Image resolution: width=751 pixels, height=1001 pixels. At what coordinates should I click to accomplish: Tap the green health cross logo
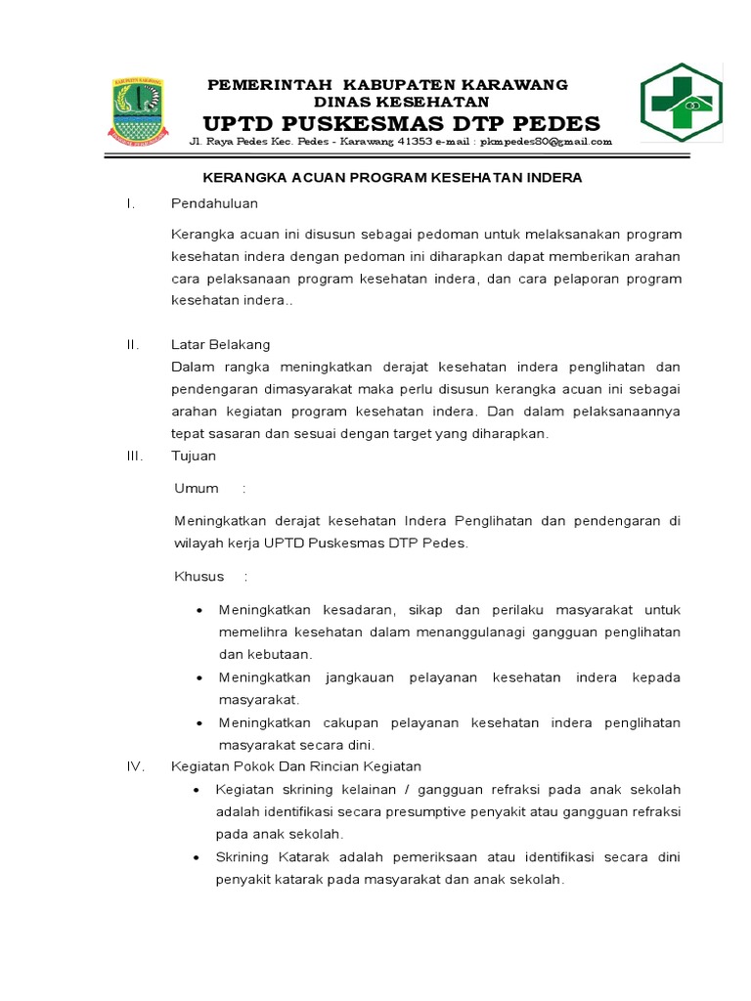[x=681, y=103]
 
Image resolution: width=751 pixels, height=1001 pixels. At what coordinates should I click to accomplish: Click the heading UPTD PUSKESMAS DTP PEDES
[x=401, y=123]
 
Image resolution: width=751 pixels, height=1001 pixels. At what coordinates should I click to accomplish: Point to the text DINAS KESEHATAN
[x=401, y=102]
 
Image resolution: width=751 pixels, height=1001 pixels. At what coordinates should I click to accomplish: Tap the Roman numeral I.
[x=129, y=203]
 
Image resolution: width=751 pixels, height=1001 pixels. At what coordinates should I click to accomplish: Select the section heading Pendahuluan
[x=214, y=203]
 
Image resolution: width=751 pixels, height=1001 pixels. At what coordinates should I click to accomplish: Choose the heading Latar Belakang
[x=220, y=344]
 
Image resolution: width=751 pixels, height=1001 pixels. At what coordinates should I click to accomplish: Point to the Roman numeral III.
[x=134, y=456]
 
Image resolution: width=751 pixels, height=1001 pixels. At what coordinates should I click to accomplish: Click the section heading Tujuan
[x=194, y=456]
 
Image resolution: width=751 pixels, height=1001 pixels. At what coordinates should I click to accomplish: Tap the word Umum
[x=196, y=488]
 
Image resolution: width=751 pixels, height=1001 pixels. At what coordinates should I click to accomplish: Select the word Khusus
[x=199, y=576]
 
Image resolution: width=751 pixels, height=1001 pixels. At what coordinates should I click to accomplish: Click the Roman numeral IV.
[x=135, y=766]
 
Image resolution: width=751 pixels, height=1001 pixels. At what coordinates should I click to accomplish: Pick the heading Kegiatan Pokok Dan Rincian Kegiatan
[x=296, y=766]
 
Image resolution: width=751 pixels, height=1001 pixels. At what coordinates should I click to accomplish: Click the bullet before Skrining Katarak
[x=198, y=857]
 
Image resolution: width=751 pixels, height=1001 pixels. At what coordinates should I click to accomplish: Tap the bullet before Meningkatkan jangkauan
[x=199, y=677]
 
